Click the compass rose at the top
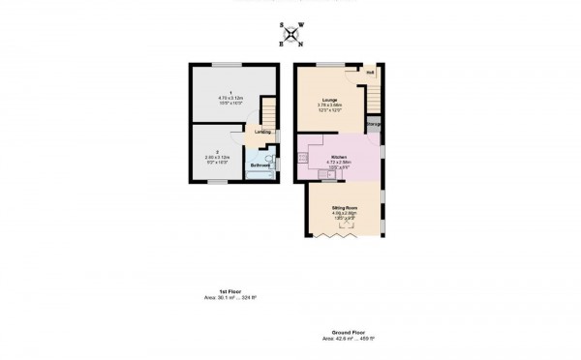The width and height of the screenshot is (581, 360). pos(289,36)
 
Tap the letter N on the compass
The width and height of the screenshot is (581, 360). pos(300,45)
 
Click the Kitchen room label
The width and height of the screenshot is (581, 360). pos(339,156)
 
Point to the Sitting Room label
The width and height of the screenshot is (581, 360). pos(346,208)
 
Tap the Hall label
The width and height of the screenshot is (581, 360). pos(370,73)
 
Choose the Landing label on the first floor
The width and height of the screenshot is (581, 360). pos(262,132)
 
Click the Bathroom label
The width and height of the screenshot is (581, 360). pos(260,165)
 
